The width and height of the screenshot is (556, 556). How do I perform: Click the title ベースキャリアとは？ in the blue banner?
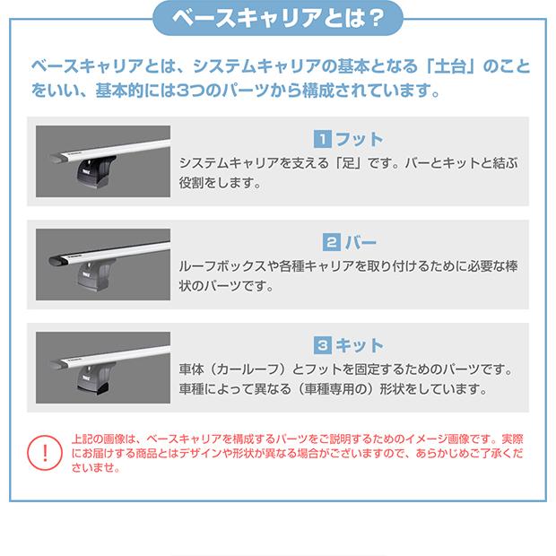pyautogui.click(x=277, y=19)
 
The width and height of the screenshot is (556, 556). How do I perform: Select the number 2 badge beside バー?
pyautogui.click(x=329, y=242)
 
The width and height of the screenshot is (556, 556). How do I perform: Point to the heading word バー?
pyautogui.click(x=361, y=242)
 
